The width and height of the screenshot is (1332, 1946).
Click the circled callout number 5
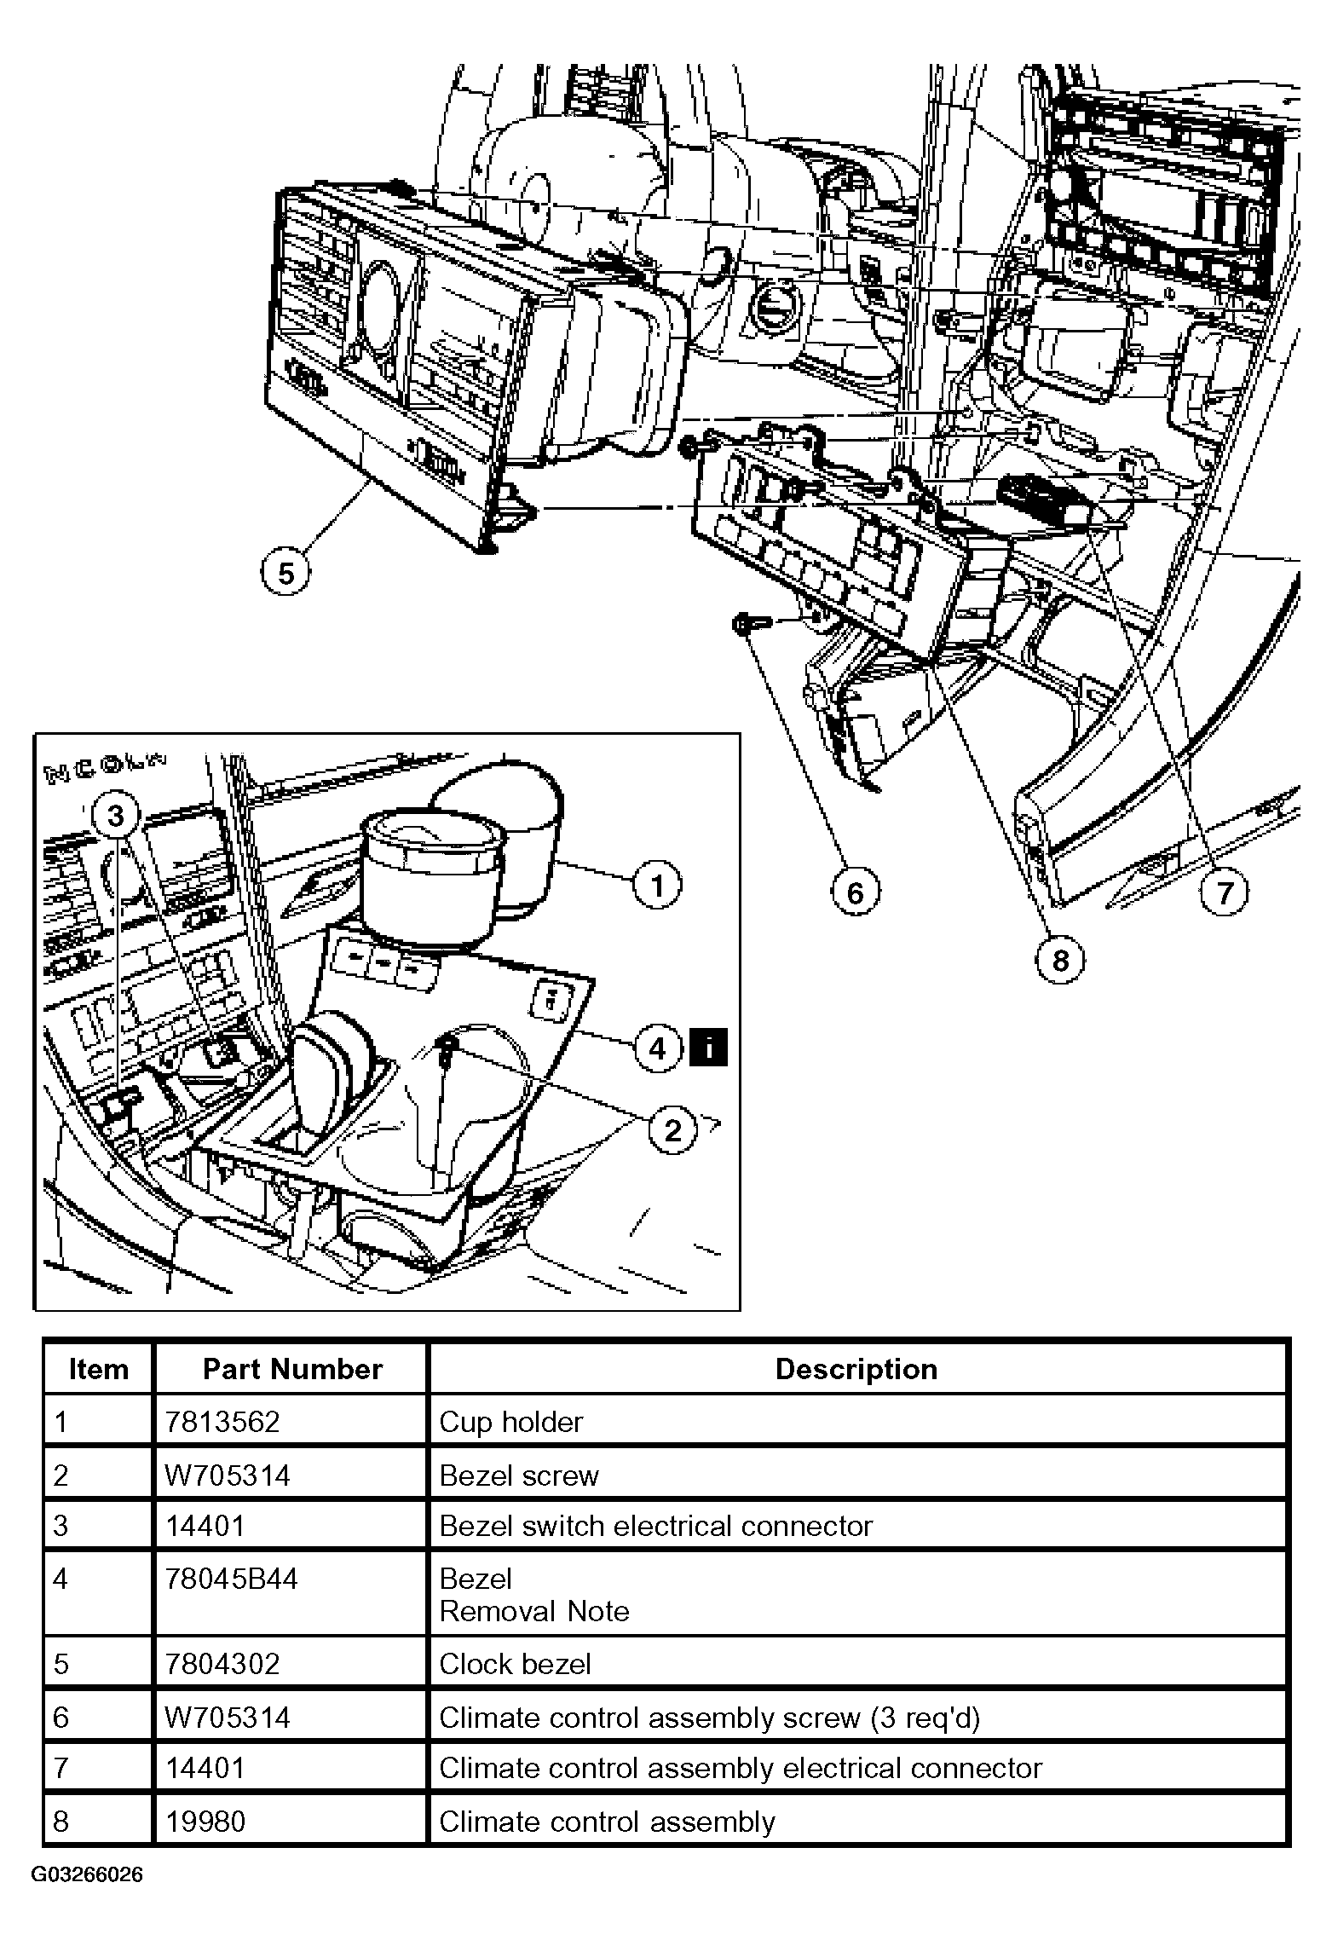pos(285,573)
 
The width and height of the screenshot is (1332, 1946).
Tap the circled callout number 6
pos(855,892)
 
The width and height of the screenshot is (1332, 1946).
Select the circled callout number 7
pos(1225,892)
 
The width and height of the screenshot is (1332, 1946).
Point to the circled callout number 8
pos(1060,961)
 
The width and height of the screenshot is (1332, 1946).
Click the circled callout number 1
pos(657,886)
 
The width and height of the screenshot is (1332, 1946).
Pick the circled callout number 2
pos(673,1130)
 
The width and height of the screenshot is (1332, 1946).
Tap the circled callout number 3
pos(115,816)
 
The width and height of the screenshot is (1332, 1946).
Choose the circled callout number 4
pos(657,1048)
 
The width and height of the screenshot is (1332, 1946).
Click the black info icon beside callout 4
pos(708,1048)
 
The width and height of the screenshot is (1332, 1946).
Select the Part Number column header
pos(292,1369)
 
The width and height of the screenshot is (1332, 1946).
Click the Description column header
pos(856,1369)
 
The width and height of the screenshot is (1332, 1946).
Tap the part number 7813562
pos(222,1422)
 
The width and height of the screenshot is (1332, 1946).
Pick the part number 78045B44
pos(232,1579)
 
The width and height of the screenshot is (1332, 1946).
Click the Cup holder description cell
pos(510,1422)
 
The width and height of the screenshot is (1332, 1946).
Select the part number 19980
pos(205,1822)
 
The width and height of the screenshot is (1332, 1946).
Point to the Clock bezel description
pos(515,1664)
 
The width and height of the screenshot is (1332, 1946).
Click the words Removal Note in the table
pos(534,1611)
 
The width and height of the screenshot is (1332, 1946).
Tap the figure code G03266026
pos(87,1875)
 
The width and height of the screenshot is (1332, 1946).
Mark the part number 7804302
pos(222,1664)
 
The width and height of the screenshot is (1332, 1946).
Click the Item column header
pos(98,1369)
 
